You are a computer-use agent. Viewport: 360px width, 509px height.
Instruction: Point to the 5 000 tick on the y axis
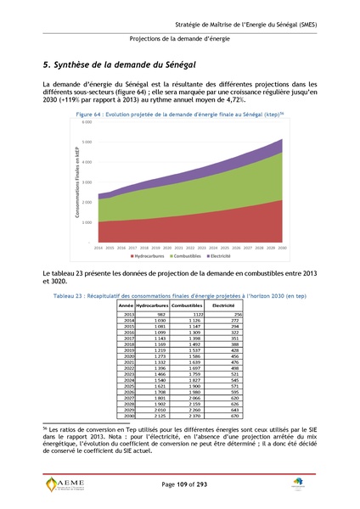[87, 142]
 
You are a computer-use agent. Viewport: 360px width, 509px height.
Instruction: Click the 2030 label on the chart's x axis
[280, 247]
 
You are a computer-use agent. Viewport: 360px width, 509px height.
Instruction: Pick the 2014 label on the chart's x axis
[98, 247]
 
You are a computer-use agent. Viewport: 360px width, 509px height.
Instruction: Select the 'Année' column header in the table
[126, 305]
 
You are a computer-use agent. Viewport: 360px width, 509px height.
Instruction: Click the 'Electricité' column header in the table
[223, 305]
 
